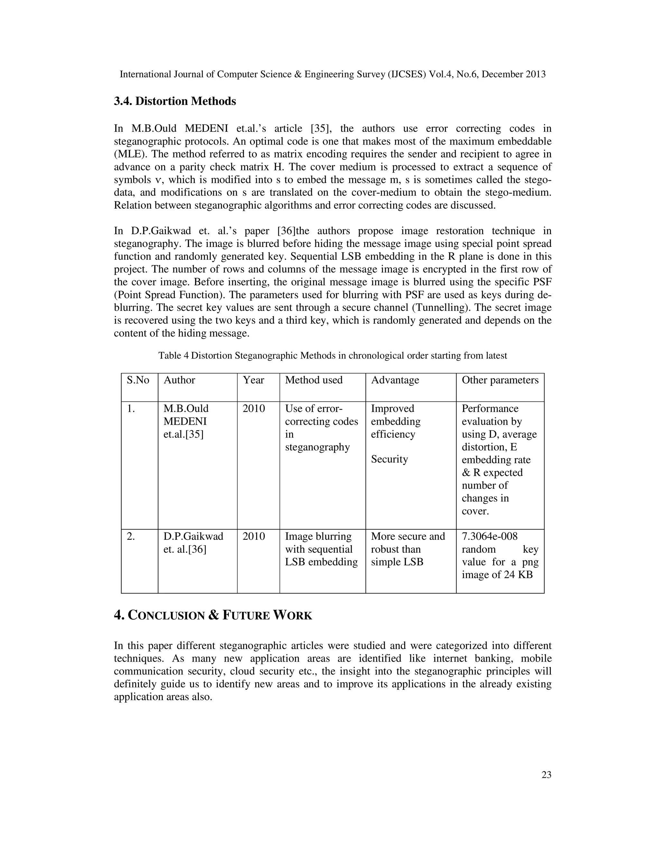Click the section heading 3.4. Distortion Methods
[x=175, y=101]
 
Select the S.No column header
[x=138, y=380]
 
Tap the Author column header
[x=179, y=380]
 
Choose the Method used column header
[x=313, y=380]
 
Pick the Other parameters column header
[x=500, y=380]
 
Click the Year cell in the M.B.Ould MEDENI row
[x=253, y=408]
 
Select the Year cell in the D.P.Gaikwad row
[x=253, y=536]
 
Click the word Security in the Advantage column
[x=389, y=459]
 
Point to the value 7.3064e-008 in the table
[x=489, y=536]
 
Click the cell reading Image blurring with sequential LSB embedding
[x=321, y=549]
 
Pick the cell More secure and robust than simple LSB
[x=408, y=549]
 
